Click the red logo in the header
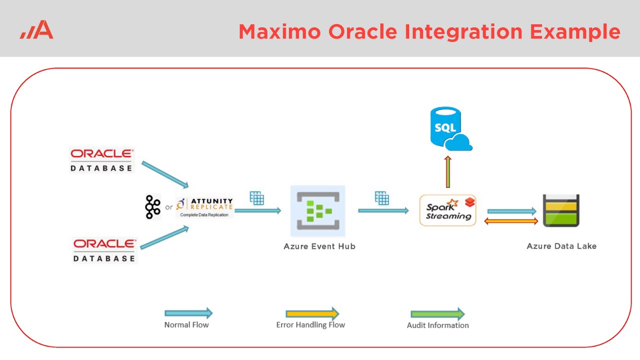pos(37,30)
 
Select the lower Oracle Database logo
pos(104,250)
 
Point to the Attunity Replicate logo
pos(205,207)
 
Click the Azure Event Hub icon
pos(317,211)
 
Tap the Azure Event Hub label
pos(319,246)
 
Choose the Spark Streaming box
pos(448,210)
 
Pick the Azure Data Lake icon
pos(561,210)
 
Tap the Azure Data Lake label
pos(561,246)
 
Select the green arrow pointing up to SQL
pos(448,171)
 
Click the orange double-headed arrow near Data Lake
pos(511,221)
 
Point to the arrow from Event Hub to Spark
pos(383,210)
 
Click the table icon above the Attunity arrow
pos(256,198)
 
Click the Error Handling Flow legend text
pos(310,325)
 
